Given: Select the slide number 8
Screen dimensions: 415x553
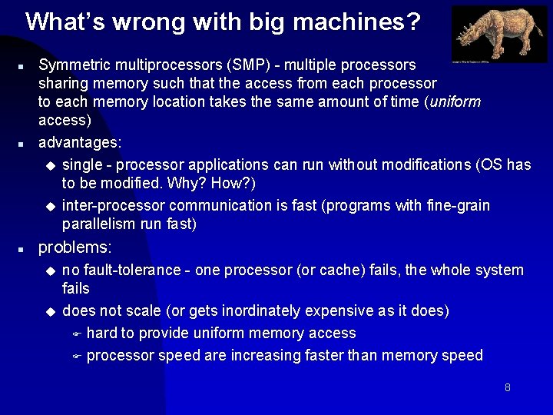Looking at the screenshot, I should [x=508, y=387].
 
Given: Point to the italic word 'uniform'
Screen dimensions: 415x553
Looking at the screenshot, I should [x=456, y=102].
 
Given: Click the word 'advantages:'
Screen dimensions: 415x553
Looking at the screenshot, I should [x=80, y=142].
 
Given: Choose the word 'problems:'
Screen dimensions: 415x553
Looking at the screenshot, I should [x=75, y=247].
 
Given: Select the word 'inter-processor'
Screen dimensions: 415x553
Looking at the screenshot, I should [x=114, y=205].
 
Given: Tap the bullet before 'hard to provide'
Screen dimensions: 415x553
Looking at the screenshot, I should [x=76, y=334].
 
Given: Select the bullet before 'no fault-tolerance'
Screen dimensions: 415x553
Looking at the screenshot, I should [x=51, y=271].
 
